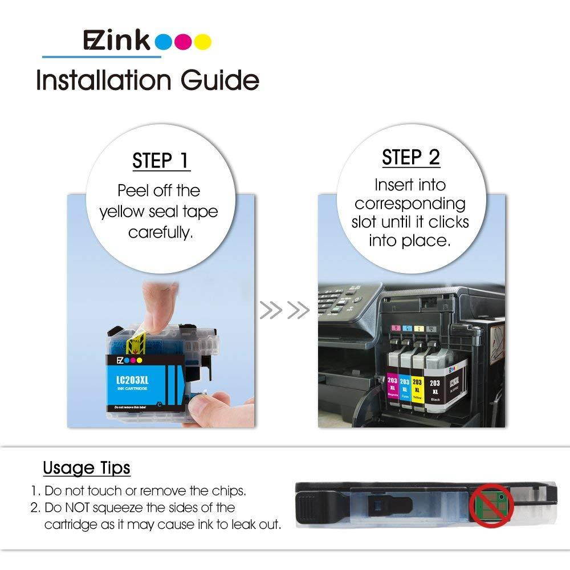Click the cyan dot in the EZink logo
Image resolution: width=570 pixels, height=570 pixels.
click(164, 42)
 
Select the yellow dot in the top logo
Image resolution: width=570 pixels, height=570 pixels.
click(202, 42)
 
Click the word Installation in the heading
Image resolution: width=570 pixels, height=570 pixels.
click(103, 80)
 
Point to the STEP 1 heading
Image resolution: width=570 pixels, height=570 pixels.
click(160, 161)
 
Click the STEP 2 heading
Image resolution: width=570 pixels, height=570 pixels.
click(411, 157)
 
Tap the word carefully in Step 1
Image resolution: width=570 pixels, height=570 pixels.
click(160, 233)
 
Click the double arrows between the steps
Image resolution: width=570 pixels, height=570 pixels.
click(284, 311)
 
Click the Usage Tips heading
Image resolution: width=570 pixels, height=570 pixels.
click(87, 468)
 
